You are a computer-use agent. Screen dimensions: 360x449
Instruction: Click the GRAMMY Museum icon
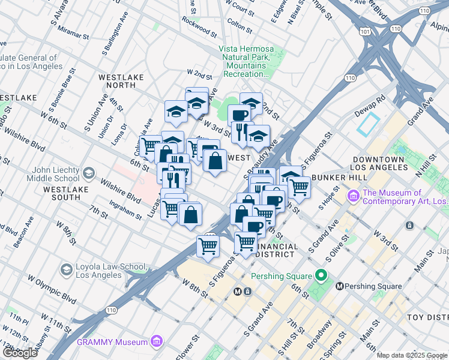[157, 342]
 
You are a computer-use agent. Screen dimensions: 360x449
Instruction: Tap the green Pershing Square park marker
[322, 276]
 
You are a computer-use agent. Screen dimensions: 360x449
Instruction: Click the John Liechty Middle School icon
[88, 174]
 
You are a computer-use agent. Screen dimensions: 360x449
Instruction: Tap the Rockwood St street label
[199, 27]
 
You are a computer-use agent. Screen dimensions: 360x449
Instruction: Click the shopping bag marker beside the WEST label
[215, 161]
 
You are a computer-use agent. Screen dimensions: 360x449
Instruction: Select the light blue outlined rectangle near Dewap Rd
[367, 124]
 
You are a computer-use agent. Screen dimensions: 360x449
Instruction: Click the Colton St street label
[240, 26]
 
